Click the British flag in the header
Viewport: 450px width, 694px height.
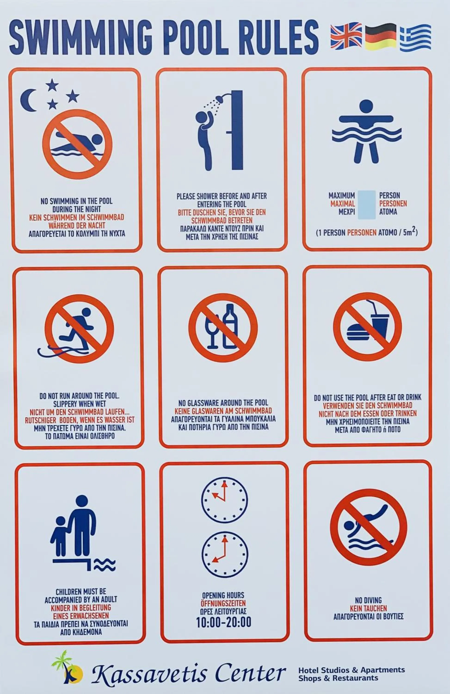346,35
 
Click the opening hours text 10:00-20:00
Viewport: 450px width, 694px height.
224,622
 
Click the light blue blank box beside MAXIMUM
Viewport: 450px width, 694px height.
367,205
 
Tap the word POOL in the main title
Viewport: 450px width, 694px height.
194,37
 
